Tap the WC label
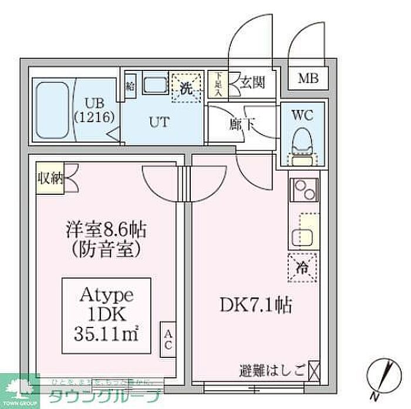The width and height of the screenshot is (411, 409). tap(301, 116)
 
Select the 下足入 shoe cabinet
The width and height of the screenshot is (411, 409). tap(218, 84)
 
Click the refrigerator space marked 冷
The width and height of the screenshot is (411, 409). tap(303, 266)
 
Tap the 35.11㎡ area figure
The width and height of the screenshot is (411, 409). tap(106, 335)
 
